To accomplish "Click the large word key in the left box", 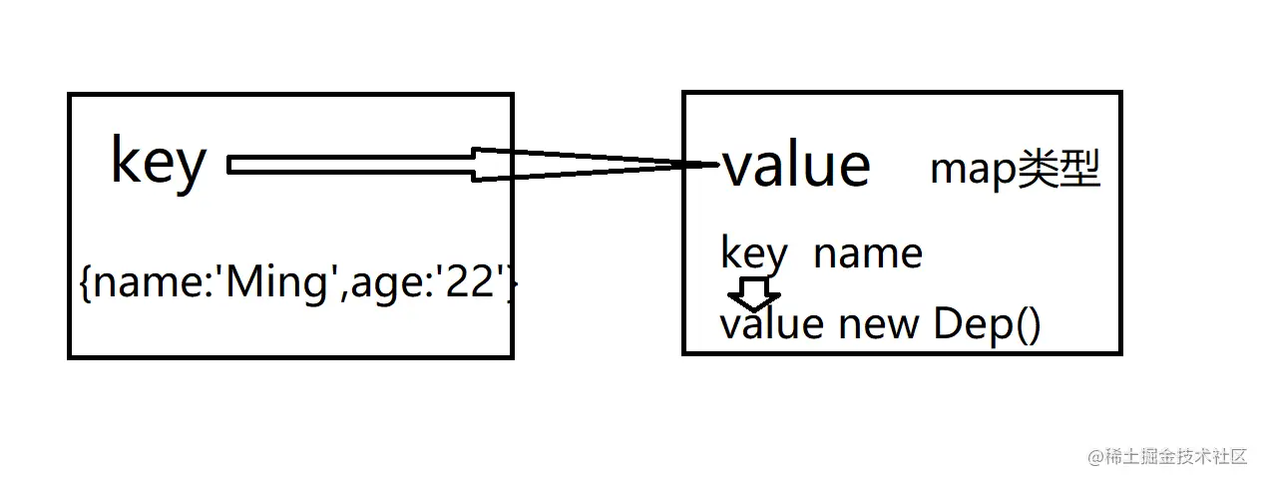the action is [x=159, y=163].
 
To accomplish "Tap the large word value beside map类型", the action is [x=796, y=165].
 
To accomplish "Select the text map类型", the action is [x=1016, y=168].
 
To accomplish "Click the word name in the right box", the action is [x=868, y=254].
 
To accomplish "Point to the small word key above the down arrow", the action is [x=754, y=253].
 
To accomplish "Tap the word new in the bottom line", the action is [x=879, y=325].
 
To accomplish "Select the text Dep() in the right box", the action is [x=987, y=324].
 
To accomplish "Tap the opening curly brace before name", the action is [x=85, y=282].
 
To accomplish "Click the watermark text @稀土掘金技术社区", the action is [x=1167, y=456].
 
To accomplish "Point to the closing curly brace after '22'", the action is [x=512, y=282].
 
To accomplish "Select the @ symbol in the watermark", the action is [x=1095, y=457].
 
